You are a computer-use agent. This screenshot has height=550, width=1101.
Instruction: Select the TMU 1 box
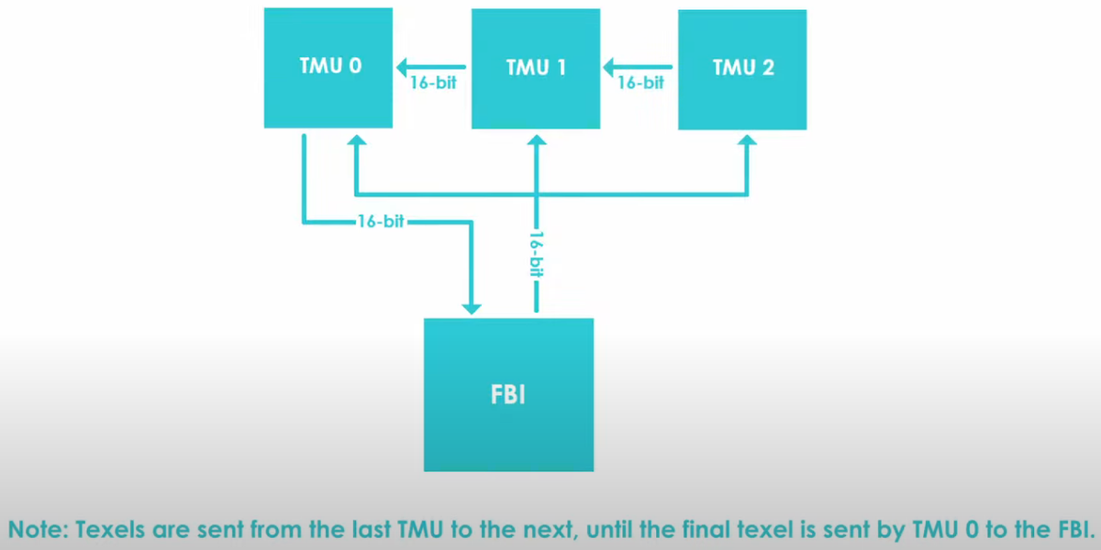[536, 68]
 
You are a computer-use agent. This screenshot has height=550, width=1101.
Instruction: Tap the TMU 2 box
[742, 69]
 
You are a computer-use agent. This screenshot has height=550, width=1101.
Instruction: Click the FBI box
[508, 395]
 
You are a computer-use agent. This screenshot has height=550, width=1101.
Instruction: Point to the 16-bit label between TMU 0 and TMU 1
[434, 82]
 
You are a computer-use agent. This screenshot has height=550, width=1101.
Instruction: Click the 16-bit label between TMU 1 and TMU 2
[640, 82]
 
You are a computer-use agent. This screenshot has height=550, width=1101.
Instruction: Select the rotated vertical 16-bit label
[537, 256]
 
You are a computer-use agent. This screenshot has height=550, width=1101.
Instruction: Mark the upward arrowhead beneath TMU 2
[748, 143]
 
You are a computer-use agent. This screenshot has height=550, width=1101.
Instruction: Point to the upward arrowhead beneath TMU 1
[537, 143]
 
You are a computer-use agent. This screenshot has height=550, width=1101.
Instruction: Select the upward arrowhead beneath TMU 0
[356, 143]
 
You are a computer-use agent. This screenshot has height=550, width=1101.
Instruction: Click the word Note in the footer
[38, 529]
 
